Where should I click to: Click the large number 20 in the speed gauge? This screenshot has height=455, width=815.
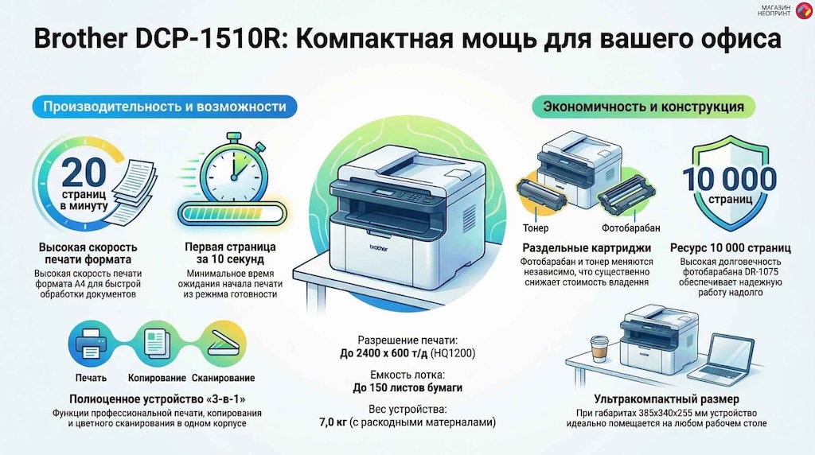(x=84, y=172)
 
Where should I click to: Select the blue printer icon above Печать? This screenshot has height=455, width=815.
(x=91, y=344)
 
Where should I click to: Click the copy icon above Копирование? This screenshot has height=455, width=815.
(x=157, y=344)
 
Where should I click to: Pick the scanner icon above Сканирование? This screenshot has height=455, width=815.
(x=224, y=344)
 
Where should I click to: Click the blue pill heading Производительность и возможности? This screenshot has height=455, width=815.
(x=165, y=107)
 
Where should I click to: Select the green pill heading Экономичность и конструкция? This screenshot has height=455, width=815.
(x=643, y=107)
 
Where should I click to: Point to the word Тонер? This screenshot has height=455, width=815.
(x=536, y=228)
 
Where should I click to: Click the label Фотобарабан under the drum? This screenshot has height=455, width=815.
(x=631, y=228)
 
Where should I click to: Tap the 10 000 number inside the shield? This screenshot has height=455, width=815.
(x=730, y=179)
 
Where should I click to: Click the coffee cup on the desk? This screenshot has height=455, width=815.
(x=599, y=348)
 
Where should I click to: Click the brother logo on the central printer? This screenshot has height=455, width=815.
(x=378, y=248)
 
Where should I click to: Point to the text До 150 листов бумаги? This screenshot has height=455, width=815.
(x=407, y=388)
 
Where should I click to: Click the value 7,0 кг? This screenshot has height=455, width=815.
(x=333, y=422)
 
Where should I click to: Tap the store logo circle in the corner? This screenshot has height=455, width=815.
(x=804, y=10)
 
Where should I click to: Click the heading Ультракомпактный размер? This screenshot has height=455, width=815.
(x=666, y=399)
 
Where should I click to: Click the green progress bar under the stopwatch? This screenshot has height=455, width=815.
(x=232, y=214)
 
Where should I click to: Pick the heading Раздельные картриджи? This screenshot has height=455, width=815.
(x=587, y=248)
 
